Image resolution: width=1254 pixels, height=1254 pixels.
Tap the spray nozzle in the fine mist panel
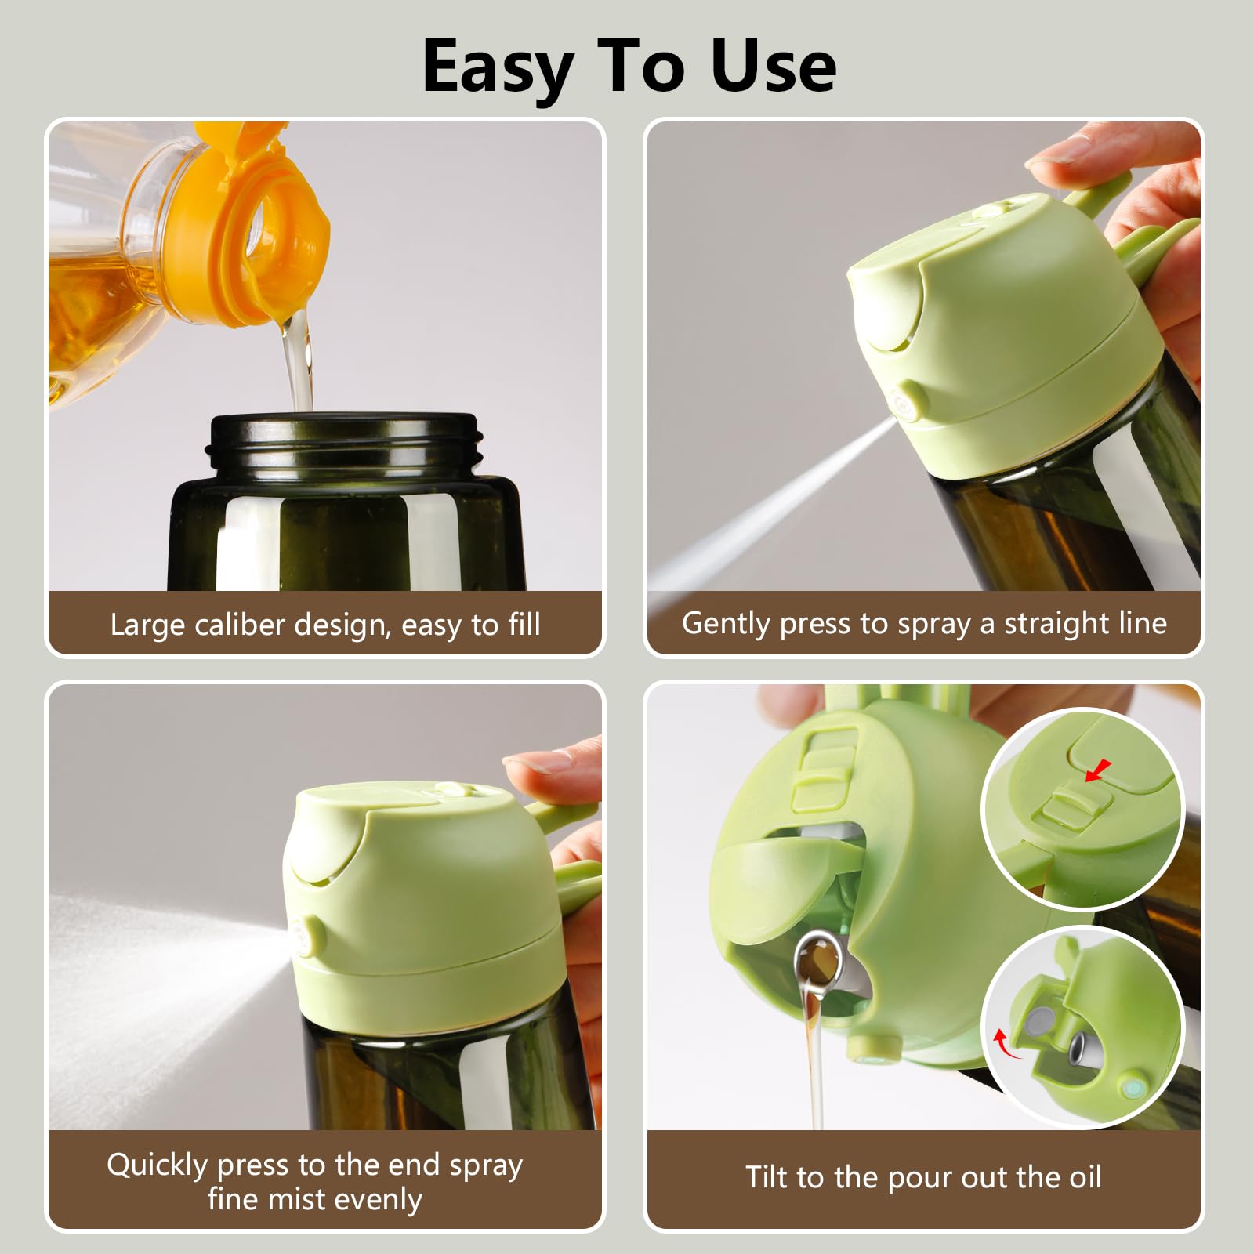coord(307,935)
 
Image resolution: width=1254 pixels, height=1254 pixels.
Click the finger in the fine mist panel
coord(541,772)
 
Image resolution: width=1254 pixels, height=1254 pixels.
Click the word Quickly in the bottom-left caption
coord(157,1165)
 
